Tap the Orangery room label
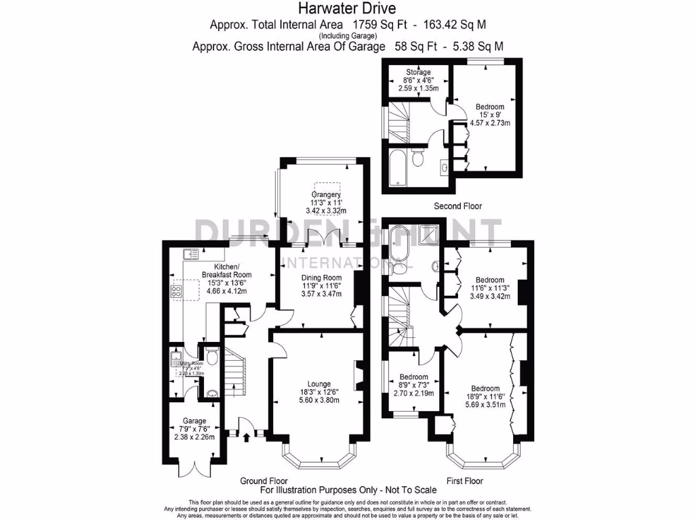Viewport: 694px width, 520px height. (x=323, y=195)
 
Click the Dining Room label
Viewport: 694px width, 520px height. (x=322, y=278)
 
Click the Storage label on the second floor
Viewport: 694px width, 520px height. (x=418, y=72)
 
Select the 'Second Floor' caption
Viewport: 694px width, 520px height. (x=458, y=206)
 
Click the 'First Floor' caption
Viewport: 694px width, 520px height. (x=464, y=481)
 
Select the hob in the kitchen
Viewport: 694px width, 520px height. (x=176, y=292)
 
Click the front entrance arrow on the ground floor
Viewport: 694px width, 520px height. (x=246, y=439)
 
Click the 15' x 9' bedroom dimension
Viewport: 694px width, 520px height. (x=489, y=115)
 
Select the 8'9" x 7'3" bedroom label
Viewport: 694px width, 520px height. (x=413, y=385)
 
